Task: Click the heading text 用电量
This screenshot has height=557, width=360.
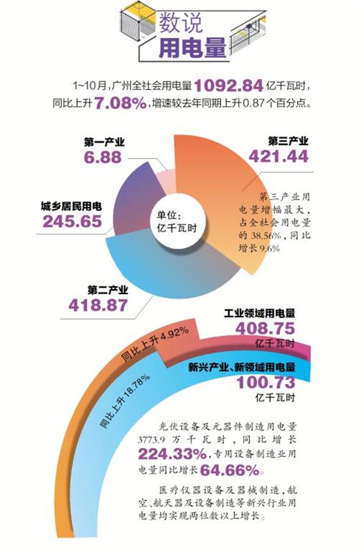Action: [192, 48]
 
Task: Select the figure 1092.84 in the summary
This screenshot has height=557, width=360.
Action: [228, 85]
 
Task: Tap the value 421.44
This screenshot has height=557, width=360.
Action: [278, 156]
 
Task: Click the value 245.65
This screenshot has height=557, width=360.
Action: [72, 222]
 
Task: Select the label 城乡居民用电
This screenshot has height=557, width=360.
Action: [71, 206]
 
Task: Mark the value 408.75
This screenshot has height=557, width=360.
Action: [264, 329]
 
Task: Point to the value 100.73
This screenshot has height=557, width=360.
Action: [265, 382]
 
